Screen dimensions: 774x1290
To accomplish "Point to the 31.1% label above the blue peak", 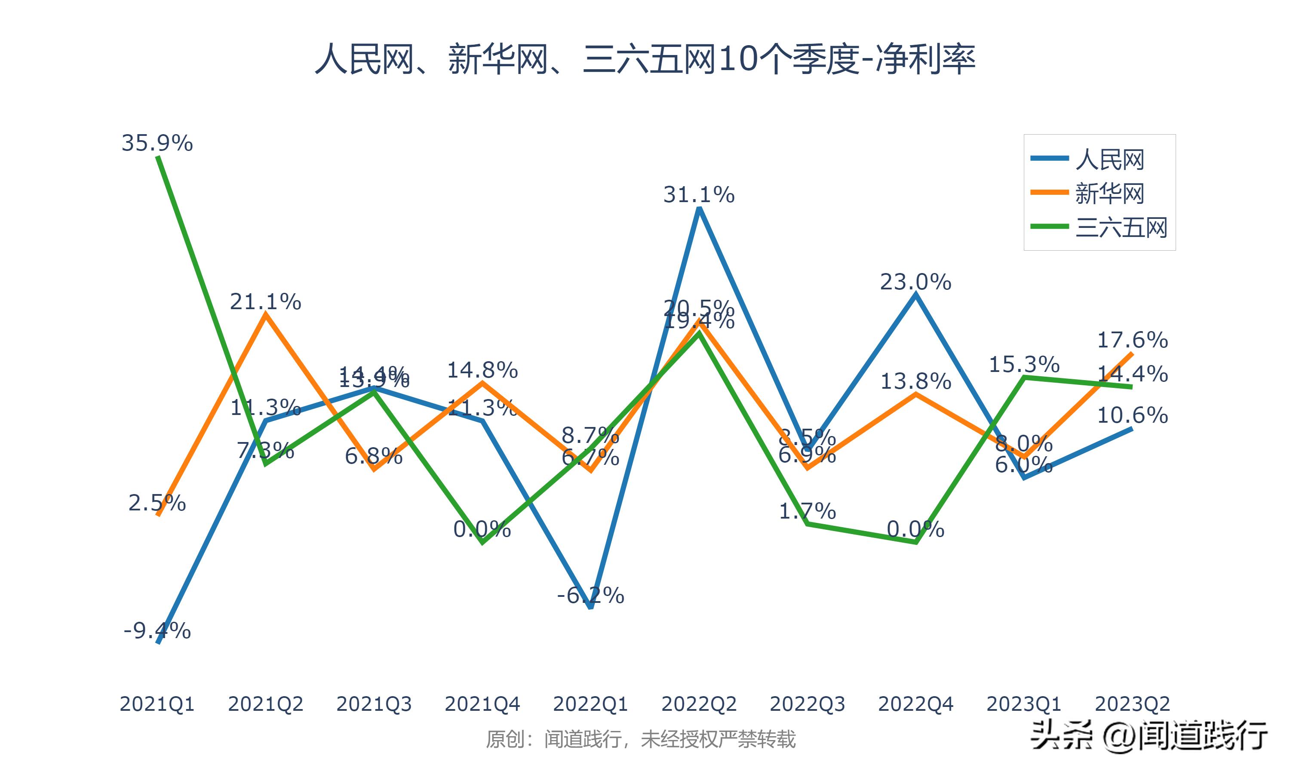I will [699, 195].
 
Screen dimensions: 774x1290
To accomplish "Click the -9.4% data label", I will [157, 631].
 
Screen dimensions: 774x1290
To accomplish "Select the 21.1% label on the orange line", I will [265, 302].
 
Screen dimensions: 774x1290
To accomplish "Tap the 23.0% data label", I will [915, 282].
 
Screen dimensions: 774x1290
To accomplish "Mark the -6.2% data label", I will [590, 595].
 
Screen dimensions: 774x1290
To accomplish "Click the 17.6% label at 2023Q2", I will [1133, 340].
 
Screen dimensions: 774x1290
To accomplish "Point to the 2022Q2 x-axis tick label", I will [699, 704].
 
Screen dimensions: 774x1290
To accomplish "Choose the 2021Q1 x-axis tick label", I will [157, 704].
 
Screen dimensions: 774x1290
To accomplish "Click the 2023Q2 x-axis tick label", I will [1133, 704].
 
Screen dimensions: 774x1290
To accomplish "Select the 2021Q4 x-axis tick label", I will [482, 704].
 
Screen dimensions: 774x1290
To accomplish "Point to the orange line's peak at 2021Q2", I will [266, 314].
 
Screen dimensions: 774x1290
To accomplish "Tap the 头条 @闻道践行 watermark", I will [1149, 735].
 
